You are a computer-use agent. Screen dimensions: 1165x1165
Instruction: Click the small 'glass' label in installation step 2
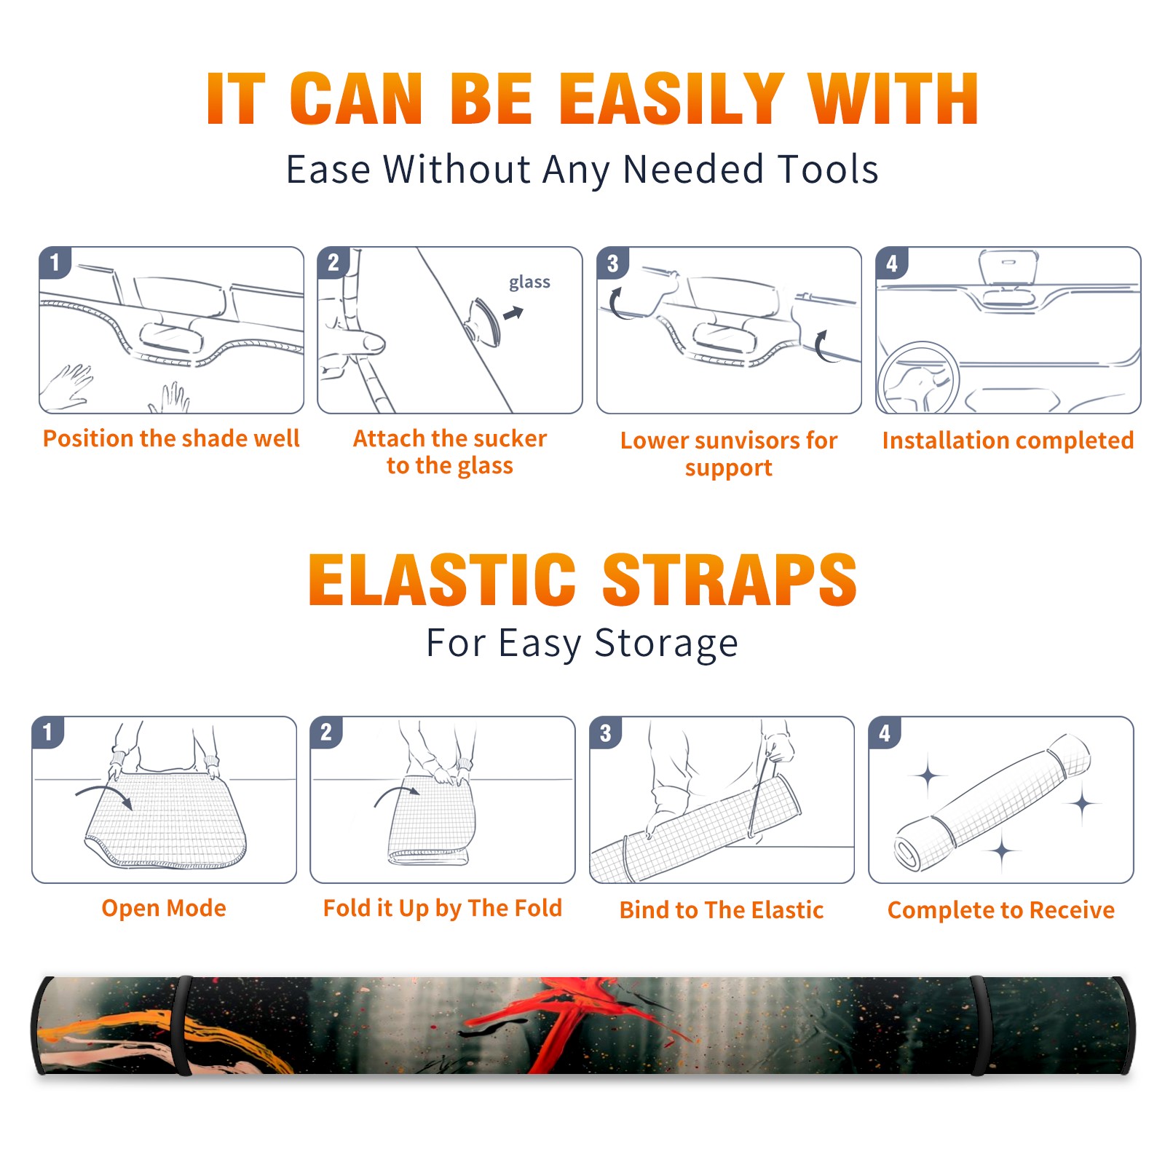pyautogui.click(x=529, y=283)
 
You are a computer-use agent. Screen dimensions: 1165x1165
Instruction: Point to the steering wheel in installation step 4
pyautogui.click(x=918, y=378)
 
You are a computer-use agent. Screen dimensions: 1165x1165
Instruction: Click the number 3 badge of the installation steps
pyautogui.click(x=612, y=263)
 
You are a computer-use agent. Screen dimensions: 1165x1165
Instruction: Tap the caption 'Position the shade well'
pyautogui.click(x=171, y=438)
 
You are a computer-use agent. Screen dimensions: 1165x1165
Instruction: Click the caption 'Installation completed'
pyautogui.click(x=1008, y=440)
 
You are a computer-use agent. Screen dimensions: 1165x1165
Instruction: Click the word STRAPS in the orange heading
pyautogui.click(x=730, y=580)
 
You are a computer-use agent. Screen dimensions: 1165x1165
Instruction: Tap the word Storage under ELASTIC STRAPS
pyautogui.click(x=666, y=644)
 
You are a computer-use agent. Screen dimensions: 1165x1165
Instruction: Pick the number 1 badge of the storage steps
pyautogui.click(x=48, y=732)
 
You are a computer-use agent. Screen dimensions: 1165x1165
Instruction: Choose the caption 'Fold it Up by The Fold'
pyautogui.click(x=443, y=908)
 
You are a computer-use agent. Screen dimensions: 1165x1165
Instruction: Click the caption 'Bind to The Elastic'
pyautogui.click(x=722, y=909)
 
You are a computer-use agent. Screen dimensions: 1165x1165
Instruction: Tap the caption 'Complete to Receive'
pyautogui.click(x=1001, y=909)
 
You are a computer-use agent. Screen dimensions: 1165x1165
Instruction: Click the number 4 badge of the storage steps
pyautogui.click(x=885, y=732)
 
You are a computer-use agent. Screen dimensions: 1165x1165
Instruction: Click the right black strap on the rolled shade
pyautogui.click(x=978, y=1025)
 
